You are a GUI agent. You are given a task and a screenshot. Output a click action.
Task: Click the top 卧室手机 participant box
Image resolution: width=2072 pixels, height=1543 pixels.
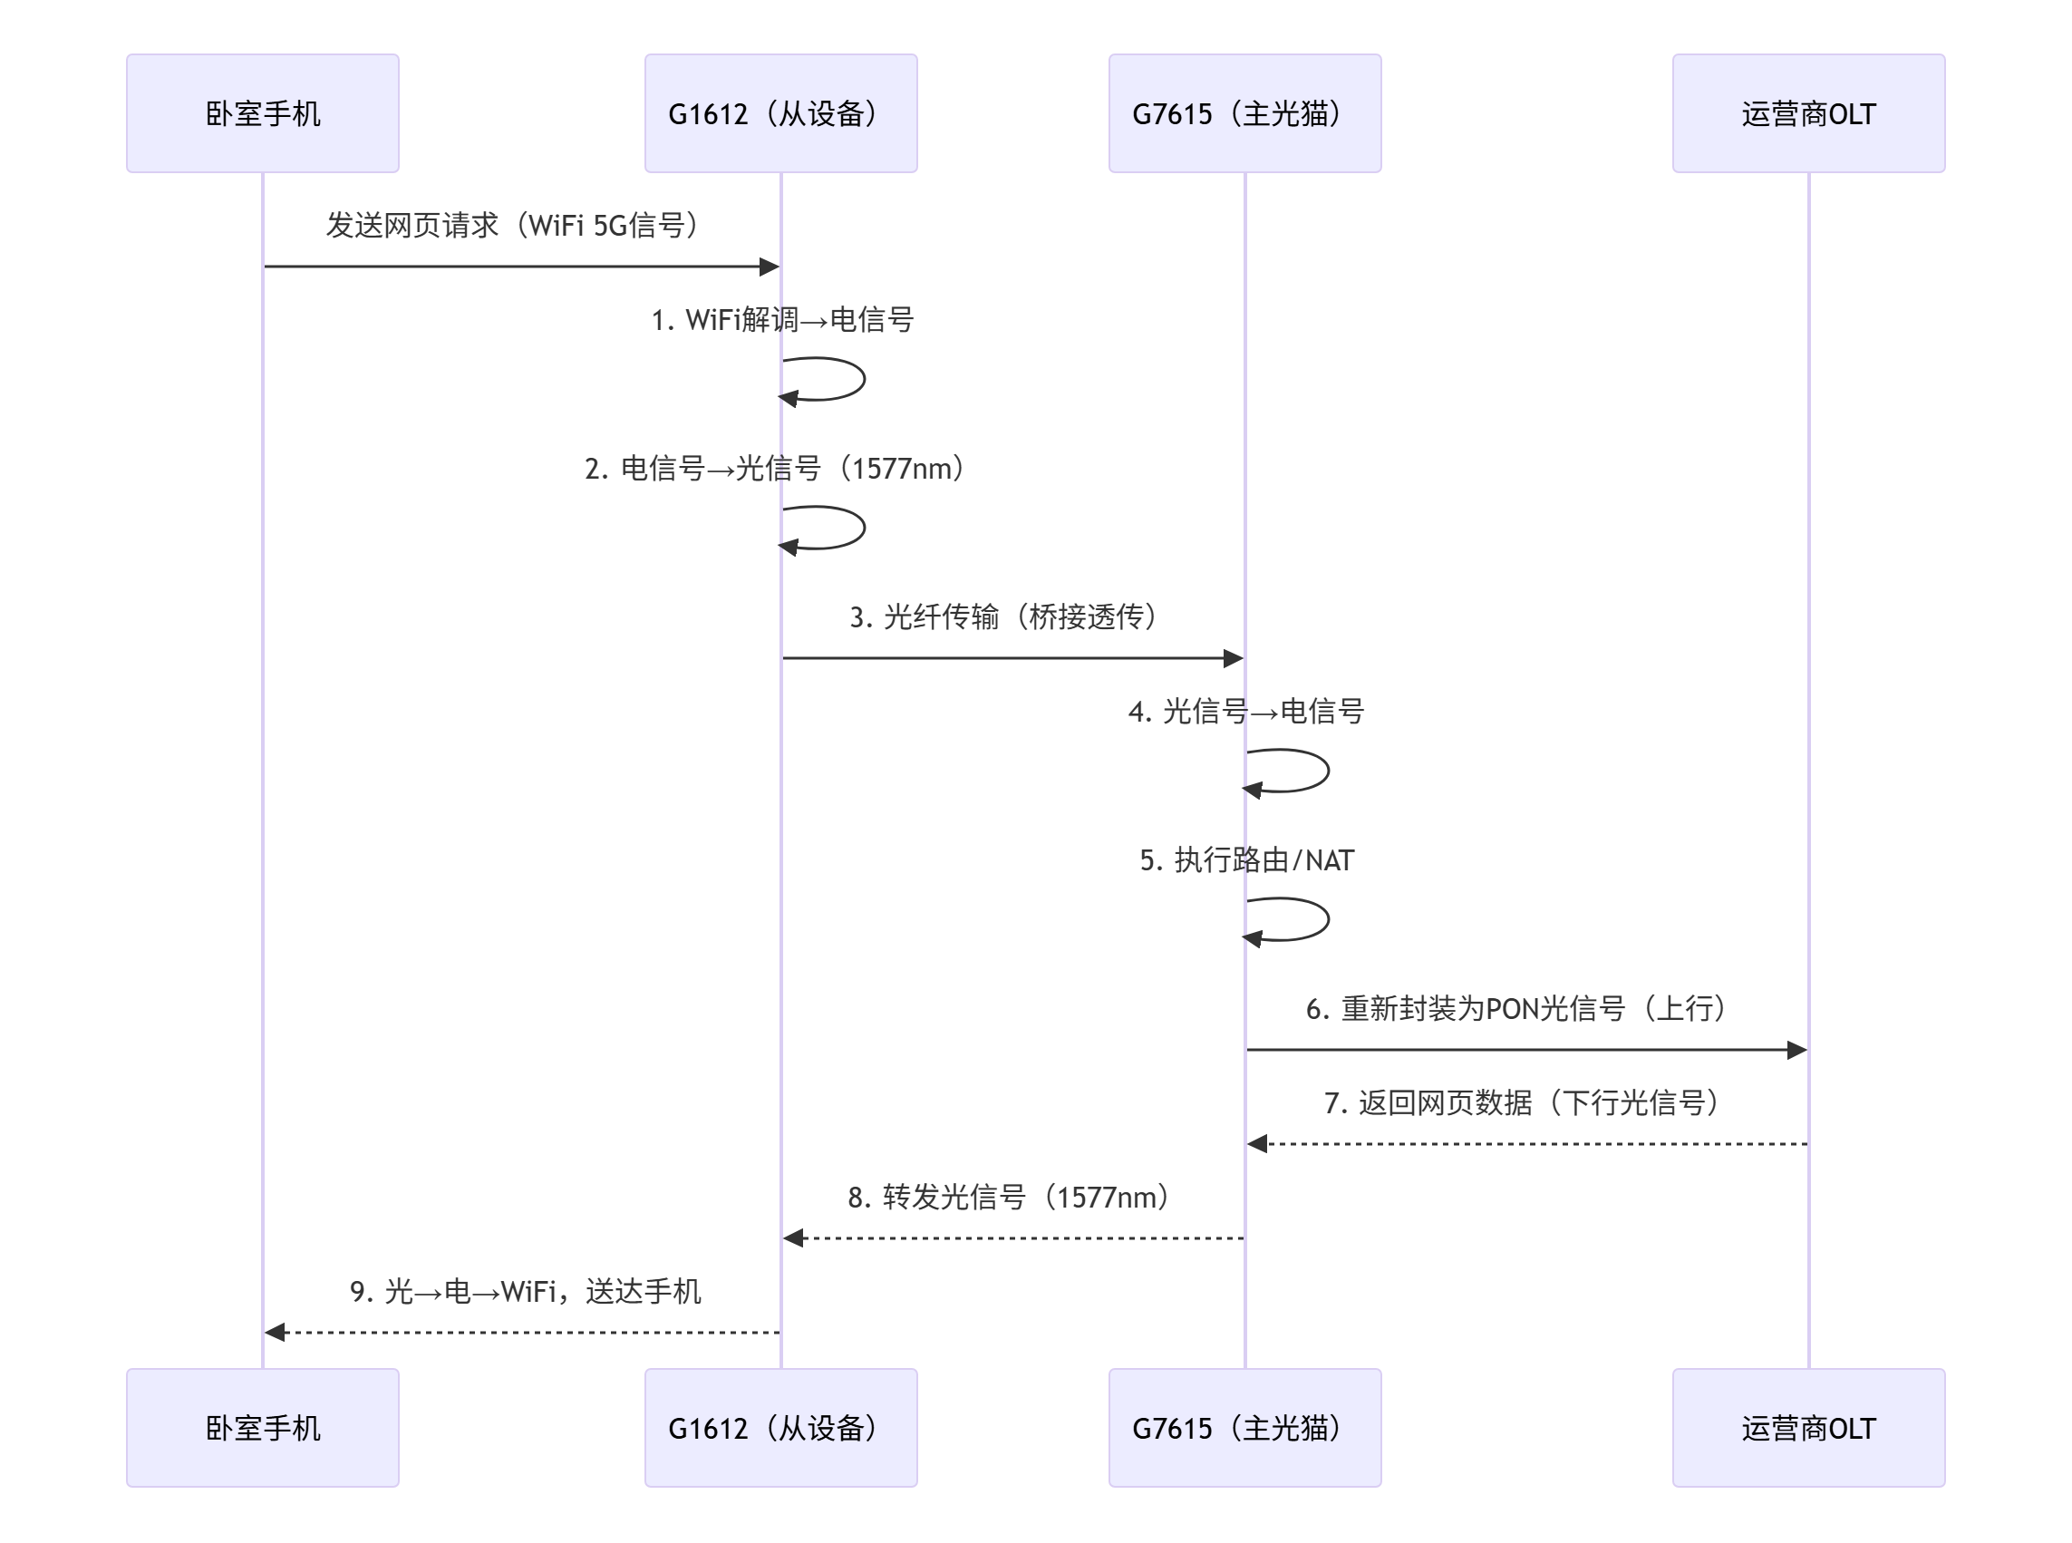(x=262, y=113)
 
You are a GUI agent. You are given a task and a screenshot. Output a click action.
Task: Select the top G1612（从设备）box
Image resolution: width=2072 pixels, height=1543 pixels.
(x=780, y=113)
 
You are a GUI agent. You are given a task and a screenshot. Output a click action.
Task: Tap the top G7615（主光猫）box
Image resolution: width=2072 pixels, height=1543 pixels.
(x=1244, y=113)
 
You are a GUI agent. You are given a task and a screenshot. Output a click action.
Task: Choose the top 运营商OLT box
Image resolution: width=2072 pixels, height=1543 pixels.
(x=1807, y=113)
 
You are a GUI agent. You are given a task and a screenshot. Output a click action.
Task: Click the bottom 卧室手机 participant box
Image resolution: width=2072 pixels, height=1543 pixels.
(x=262, y=1427)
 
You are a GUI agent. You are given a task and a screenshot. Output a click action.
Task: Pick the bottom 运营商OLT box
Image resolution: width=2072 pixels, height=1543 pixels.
(x=1807, y=1427)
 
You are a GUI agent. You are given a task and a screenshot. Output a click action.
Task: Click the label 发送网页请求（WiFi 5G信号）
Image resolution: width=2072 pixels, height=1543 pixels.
(x=513, y=225)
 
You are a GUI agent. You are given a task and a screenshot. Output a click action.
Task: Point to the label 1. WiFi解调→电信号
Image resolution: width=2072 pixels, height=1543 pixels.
(x=781, y=319)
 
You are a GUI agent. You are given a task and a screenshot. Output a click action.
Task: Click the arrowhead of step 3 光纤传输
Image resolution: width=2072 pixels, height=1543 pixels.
(x=1233, y=658)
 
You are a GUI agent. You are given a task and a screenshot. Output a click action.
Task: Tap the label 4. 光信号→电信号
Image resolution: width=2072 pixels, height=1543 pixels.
(x=1245, y=712)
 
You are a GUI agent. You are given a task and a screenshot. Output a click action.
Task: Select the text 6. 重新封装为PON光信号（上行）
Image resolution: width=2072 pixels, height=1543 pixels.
(x=1516, y=1009)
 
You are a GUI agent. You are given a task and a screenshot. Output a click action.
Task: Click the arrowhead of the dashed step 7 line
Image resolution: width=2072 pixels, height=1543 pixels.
(x=1258, y=1144)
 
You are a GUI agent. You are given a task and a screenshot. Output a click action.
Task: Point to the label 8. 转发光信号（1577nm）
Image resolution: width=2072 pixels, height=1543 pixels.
(x=1009, y=1198)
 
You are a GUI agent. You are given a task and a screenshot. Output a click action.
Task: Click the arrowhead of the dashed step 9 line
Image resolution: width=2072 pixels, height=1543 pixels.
(x=275, y=1333)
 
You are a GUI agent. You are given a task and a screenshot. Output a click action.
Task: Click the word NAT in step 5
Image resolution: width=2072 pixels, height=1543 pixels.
(x=1329, y=860)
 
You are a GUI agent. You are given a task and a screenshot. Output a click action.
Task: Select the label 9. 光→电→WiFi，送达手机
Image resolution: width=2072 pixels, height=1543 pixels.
(x=525, y=1292)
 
